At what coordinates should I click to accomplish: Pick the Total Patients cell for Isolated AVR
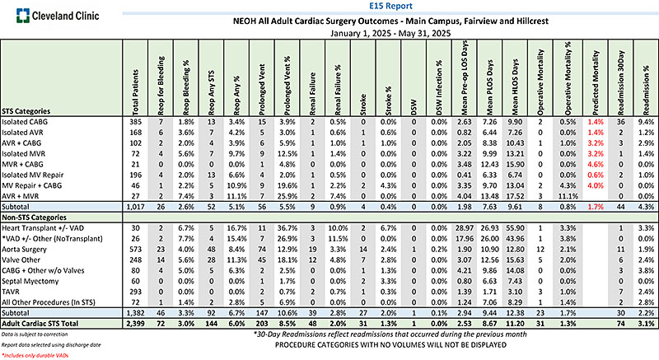[x=135, y=132]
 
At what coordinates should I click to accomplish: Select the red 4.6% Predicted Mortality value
[x=593, y=165]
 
